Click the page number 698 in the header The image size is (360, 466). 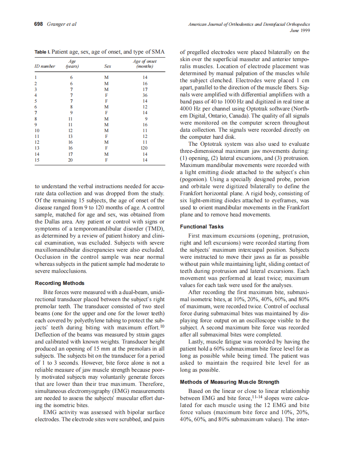[39, 24]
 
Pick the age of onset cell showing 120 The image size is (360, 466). [144, 147]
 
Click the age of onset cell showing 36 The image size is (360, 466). [144, 95]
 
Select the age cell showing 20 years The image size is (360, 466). [71, 159]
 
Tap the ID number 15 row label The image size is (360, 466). [37, 159]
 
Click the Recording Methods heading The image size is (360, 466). [59, 283]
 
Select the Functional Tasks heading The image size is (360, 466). [202, 227]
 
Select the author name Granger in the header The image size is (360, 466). [56, 24]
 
